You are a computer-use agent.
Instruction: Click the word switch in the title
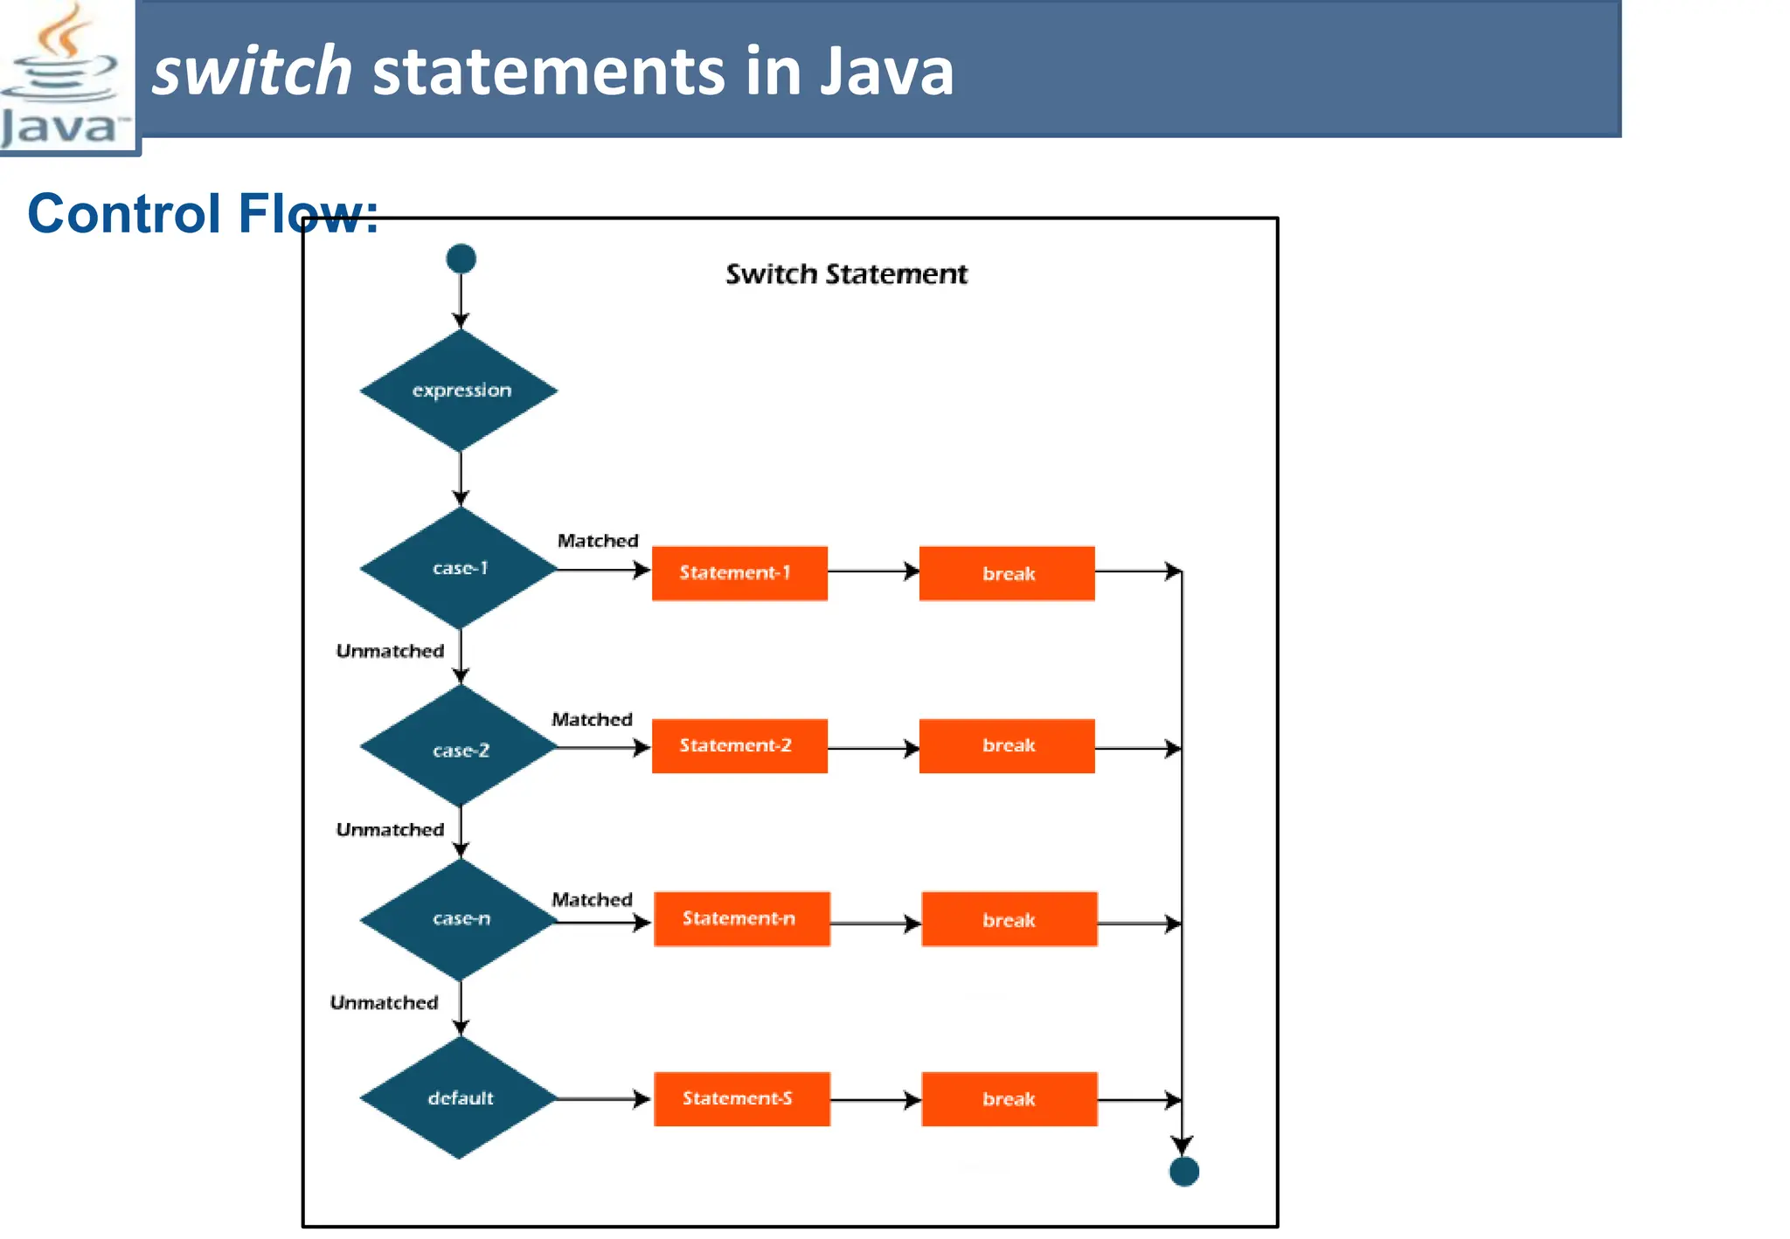coord(252,72)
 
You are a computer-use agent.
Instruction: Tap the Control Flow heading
coord(203,213)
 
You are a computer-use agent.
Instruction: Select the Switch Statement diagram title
coord(846,274)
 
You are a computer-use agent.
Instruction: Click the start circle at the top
coord(461,259)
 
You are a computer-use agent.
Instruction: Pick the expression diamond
coord(460,391)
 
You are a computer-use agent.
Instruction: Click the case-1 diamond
coord(460,569)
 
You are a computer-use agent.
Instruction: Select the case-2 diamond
coord(460,749)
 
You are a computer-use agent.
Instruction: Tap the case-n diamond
coord(460,919)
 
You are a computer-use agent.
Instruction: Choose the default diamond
coord(460,1098)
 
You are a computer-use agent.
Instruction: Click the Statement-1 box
coord(739,573)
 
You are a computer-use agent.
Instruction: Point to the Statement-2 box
coord(739,745)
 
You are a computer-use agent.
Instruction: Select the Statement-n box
coord(741,918)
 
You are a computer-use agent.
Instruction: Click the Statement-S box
coord(741,1098)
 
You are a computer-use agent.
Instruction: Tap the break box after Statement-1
coord(1007,573)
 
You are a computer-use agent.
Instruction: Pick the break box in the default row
coord(1009,1099)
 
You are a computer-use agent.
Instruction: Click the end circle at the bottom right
coord(1183,1172)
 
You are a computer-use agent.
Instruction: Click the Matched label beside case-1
coord(598,541)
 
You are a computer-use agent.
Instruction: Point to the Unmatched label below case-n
coord(384,1003)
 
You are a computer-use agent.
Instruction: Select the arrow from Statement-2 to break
coord(872,748)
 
